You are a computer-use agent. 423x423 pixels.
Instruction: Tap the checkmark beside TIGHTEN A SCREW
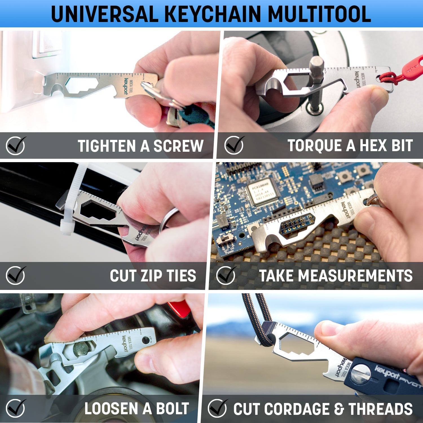click(16, 146)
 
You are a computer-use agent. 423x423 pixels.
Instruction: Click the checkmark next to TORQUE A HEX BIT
click(234, 145)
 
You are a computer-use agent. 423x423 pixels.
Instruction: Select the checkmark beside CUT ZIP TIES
click(16, 275)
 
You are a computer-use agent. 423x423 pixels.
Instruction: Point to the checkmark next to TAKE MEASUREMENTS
click(226, 275)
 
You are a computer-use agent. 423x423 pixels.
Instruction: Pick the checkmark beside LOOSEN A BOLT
click(16, 408)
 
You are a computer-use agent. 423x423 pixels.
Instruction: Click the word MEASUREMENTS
click(355, 276)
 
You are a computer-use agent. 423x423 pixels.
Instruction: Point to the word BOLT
click(172, 408)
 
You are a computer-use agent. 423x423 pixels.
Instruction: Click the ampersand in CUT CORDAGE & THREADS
click(339, 409)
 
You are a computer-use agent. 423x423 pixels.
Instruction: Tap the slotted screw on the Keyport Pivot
click(361, 374)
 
